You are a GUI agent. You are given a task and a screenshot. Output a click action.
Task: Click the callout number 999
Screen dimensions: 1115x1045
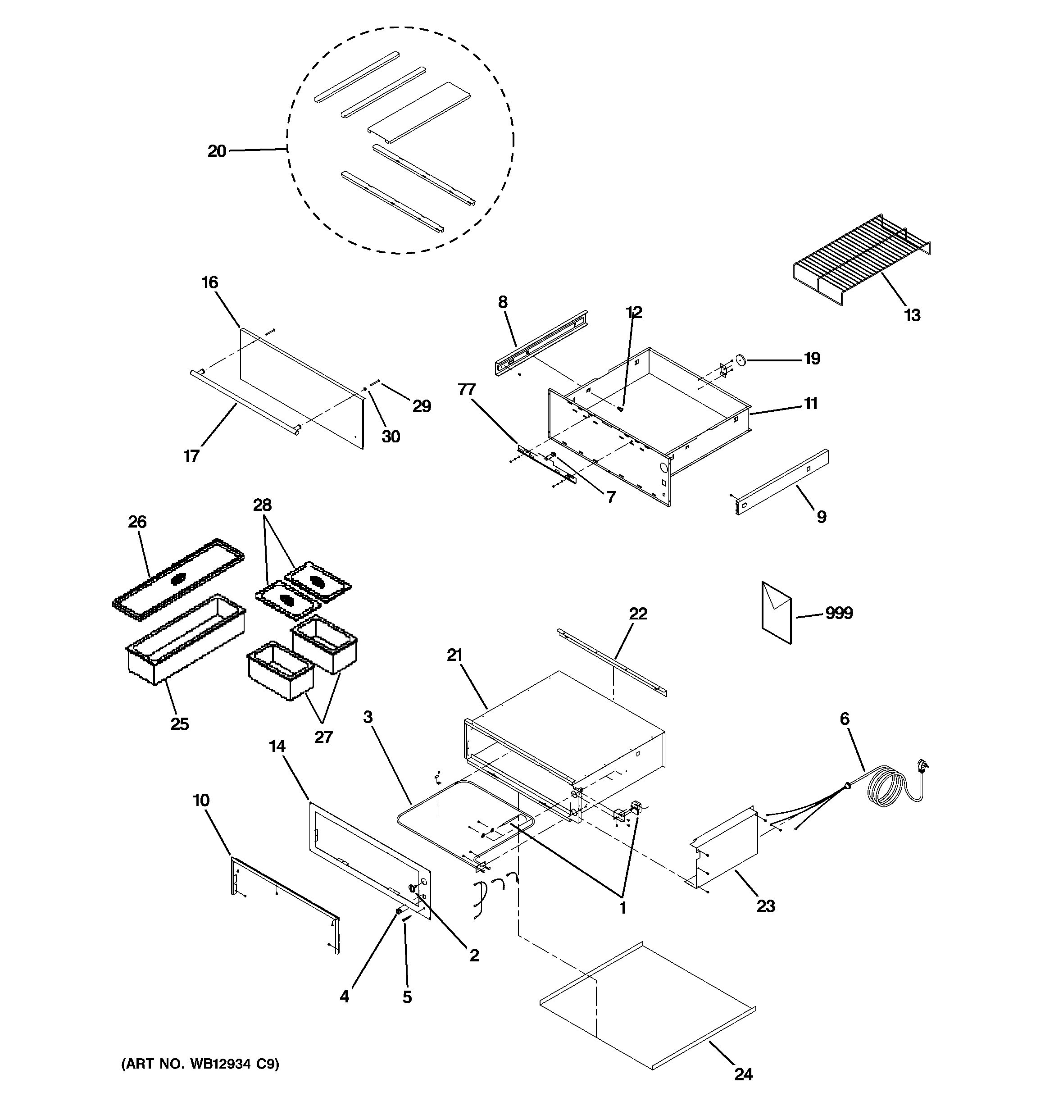pos(839,613)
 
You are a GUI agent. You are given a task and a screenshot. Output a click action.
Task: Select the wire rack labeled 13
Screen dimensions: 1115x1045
pos(861,259)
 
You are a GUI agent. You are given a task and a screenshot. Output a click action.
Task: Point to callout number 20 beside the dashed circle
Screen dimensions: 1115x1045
pos(217,151)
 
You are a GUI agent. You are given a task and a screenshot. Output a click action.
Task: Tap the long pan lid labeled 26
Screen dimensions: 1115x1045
pos(178,579)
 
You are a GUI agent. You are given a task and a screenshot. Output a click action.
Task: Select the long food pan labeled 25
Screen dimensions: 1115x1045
pos(185,639)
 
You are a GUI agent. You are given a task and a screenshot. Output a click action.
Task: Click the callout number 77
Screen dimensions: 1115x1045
pos(467,389)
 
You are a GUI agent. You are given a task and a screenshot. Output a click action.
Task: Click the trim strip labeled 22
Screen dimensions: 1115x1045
pos(611,662)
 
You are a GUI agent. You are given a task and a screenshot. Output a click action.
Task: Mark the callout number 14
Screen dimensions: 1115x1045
pos(277,746)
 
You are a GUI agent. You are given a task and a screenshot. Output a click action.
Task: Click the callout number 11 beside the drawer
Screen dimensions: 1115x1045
pos(810,403)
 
